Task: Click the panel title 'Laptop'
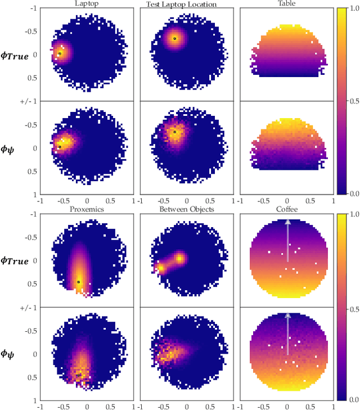pyautogui.click(x=86, y=4)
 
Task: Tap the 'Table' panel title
pyautogui.click(x=286, y=4)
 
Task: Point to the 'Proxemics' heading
pyautogui.click(x=86, y=209)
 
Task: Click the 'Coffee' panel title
pyautogui.click(x=286, y=209)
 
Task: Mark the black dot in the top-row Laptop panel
pyautogui.click(x=60, y=53)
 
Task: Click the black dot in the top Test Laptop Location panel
pyautogui.click(x=174, y=38)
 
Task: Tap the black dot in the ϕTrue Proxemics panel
pyautogui.click(x=78, y=282)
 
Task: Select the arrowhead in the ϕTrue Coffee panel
pyautogui.click(x=287, y=222)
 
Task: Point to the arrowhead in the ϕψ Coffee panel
pyautogui.click(x=287, y=316)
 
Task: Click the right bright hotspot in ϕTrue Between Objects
pyautogui.click(x=179, y=258)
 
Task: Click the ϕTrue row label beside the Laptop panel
pyautogui.click(x=15, y=55)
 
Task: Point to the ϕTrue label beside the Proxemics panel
pyautogui.click(x=15, y=260)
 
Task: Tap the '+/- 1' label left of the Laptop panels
pyautogui.click(x=26, y=101)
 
